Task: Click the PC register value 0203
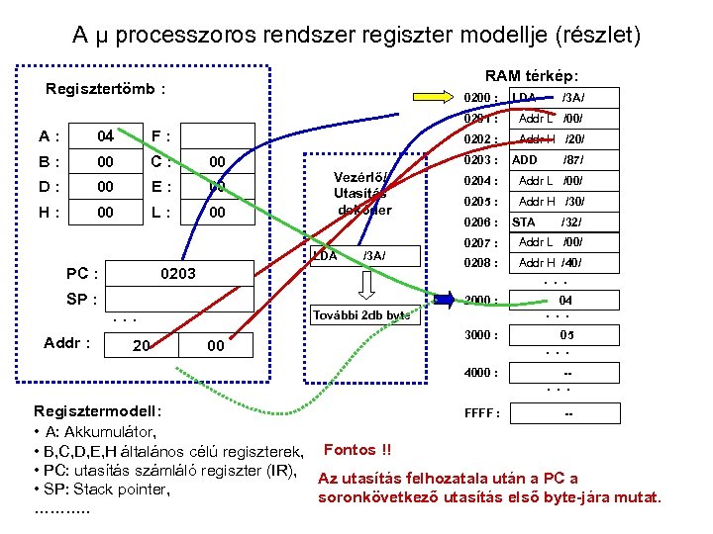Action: tap(178, 272)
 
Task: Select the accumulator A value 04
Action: tap(105, 135)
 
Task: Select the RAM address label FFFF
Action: tap(482, 413)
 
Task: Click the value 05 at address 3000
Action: tap(566, 335)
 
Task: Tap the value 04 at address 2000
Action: tap(565, 300)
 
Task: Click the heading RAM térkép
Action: tap(532, 75)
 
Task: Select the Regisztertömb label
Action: tap(105, 89)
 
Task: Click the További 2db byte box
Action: tap(360, 315)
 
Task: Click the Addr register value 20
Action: tap(142, 344)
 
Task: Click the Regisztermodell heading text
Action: tap(98, 410)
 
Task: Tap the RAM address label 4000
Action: tap(481, 373)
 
